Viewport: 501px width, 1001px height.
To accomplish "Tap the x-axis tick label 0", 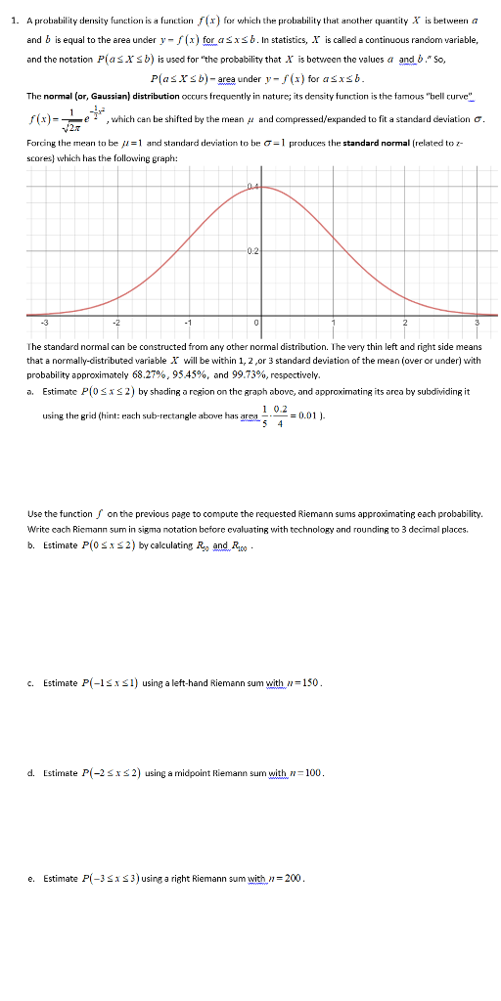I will click(x=257, y=323).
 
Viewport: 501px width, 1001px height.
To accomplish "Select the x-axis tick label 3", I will click(x=477, y=323).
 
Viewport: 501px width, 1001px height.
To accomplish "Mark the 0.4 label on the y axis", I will click(x=252, y=186).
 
